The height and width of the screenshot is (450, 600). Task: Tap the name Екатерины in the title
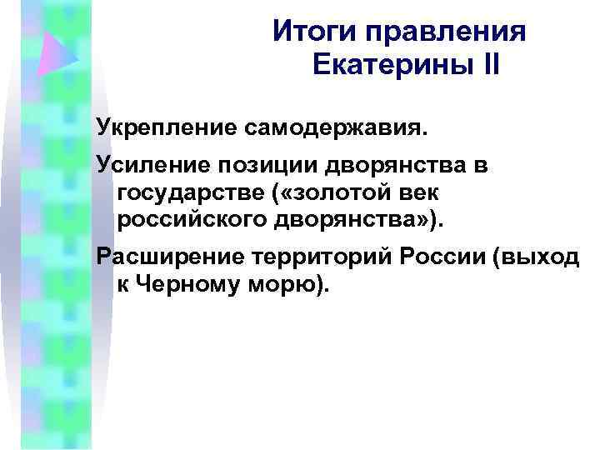pos(380,65)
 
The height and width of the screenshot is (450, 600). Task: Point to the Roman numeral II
pos(484,65)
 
